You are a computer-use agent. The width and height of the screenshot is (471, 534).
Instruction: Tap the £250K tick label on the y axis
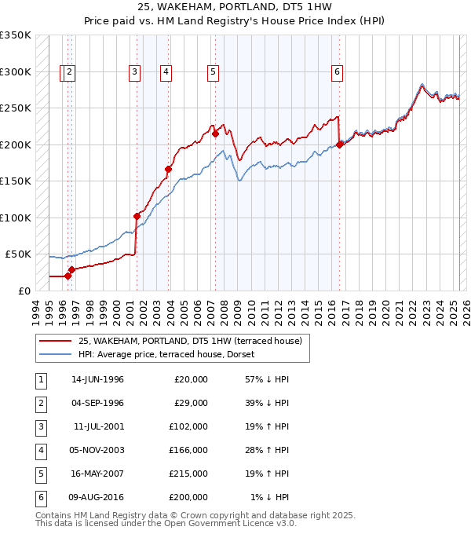point(15,108)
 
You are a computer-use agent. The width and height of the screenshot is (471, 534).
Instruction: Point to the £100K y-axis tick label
point(15,218)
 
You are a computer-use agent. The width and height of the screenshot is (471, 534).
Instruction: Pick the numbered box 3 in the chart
point(135,72)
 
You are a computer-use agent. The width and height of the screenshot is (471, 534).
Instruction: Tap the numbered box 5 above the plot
point(213,72)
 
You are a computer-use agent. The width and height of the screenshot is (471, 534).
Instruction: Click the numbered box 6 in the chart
point(337,72)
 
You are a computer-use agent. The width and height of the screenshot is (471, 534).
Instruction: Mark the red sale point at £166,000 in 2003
point(168,169)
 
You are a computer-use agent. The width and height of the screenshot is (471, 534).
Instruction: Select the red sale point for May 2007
point(215,133)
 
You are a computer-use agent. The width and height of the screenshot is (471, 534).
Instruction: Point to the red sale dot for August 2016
point(340,144)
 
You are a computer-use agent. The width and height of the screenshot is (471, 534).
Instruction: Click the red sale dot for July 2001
point(137,216)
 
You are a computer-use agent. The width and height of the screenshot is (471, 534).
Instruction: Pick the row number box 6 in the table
point(39,497)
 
